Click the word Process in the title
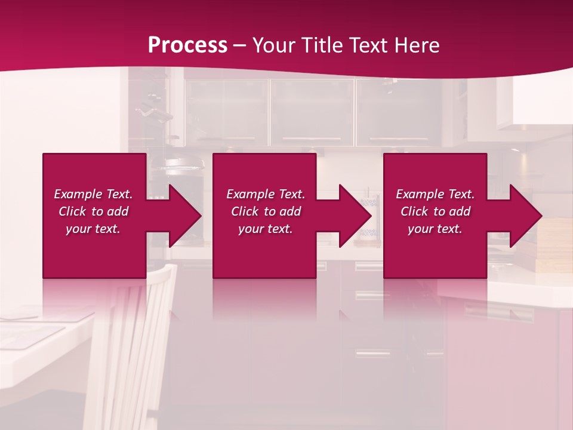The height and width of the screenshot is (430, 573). click(x=187, y=45)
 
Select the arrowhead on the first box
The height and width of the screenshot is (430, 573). click(x=179, y=216)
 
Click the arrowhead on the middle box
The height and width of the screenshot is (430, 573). click(x=350, y=216)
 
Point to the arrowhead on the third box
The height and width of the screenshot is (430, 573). click(x=520, y=216)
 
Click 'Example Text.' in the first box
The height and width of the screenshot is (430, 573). click(x=93, y=194)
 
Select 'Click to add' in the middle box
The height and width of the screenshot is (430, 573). click(x=266, y=211)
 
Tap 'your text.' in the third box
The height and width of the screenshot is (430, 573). click(x=435, y=229)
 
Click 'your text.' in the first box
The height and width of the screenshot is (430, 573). click(x=93, y=229)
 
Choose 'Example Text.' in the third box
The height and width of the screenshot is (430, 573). click(x=435, y=194)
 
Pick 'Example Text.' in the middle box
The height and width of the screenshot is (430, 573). click(x=266, y=194)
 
